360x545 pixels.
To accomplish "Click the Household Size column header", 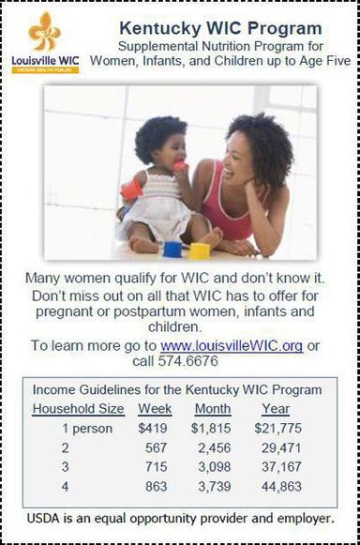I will pyautogui.click(x=78, y=409).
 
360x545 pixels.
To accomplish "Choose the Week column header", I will pyautogui.click(x=155, y=409).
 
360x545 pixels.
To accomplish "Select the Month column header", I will pyautogui.click(x=213, y=409).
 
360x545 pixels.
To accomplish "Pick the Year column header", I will pyautogui.click(x=276, y=409).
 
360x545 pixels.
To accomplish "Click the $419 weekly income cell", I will pyautogui.click(x=155, y=429).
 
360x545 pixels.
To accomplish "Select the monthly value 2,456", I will pyautogui.click(x=216, y=448).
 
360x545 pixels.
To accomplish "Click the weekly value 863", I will pyautogui.click(x=157, y=487).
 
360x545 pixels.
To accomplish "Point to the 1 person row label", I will pyautogui.click(x=85, y=429).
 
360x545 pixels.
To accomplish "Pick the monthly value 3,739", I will pyautogui.click(x=216, y=487).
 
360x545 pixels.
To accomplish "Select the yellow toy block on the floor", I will pyautogui.click(x=200, y=250).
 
